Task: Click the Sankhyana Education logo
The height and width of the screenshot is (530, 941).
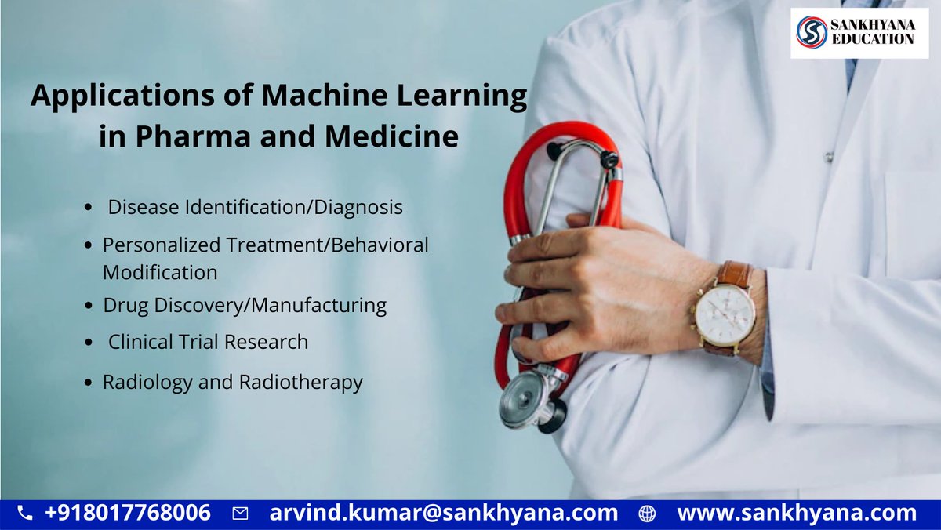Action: pyautogui.click(x=859, y=33)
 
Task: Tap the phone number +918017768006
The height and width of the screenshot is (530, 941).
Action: pyautogui.click(x=128, y=514)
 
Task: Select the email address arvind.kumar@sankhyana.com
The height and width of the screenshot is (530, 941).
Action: pyautogui.click(x=443, y=514)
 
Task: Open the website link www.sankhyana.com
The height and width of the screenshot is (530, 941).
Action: pyautogui.click(x=796, y=514)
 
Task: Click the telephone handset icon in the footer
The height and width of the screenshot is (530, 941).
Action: pyautogui.click(x=25, y=514)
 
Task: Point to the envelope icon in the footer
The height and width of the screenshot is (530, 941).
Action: pyautogui.click(x=241, y=514)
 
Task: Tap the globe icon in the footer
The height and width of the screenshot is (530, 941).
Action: pyautogui.click(x=647, y=514)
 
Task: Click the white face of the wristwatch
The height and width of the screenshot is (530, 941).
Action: pyautogui.click(x=725, y=314)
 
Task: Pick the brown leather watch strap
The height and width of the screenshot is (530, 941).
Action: pyautogui.click(x=736, y=274)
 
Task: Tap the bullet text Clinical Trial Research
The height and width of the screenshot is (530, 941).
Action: pyautogui.click(x=208, y=342)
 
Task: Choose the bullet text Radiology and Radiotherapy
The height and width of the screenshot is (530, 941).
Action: pyautogui.click(x=232, y=383)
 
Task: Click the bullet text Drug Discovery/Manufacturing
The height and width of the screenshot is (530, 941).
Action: pyautogui.click(x=245, y=305)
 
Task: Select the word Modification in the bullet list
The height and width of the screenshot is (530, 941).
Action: pyautogui.click(x=160, y=273)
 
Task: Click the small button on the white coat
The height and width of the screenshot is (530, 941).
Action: pyautogui.click(x=828, y=157)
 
